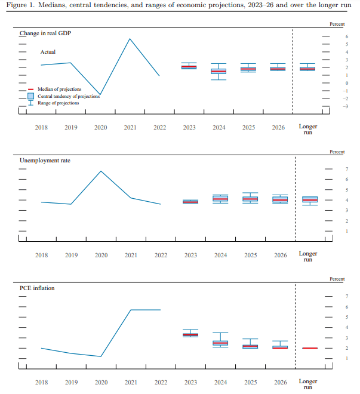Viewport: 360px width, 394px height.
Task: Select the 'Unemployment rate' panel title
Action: (x=44, y=161)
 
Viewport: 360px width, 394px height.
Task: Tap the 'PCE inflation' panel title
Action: (x=37, y=288)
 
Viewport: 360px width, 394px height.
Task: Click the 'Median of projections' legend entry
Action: (x=59, y=89)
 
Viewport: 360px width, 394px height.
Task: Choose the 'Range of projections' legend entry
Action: (x=58, y=103)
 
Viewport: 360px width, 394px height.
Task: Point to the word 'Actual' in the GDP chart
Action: (x=48, y=52)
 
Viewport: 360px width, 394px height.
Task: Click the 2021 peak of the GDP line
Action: (x=130, y=39)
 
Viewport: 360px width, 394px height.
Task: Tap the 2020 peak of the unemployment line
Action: (x=100, y=171)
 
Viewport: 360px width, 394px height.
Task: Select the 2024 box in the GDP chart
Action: (x=219, y=71)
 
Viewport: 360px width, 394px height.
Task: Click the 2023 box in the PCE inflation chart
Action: (x=190, y=334)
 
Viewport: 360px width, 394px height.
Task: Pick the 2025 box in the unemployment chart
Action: (x=250, y=199)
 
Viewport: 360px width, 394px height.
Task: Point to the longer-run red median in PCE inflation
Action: (x=309, y=347)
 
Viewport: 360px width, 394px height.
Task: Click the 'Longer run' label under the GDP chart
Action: (x=308, y=129)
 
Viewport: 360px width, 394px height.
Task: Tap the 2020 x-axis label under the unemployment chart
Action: (x=101, y=256)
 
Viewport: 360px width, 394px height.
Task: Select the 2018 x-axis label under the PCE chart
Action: (x=41, y=382)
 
